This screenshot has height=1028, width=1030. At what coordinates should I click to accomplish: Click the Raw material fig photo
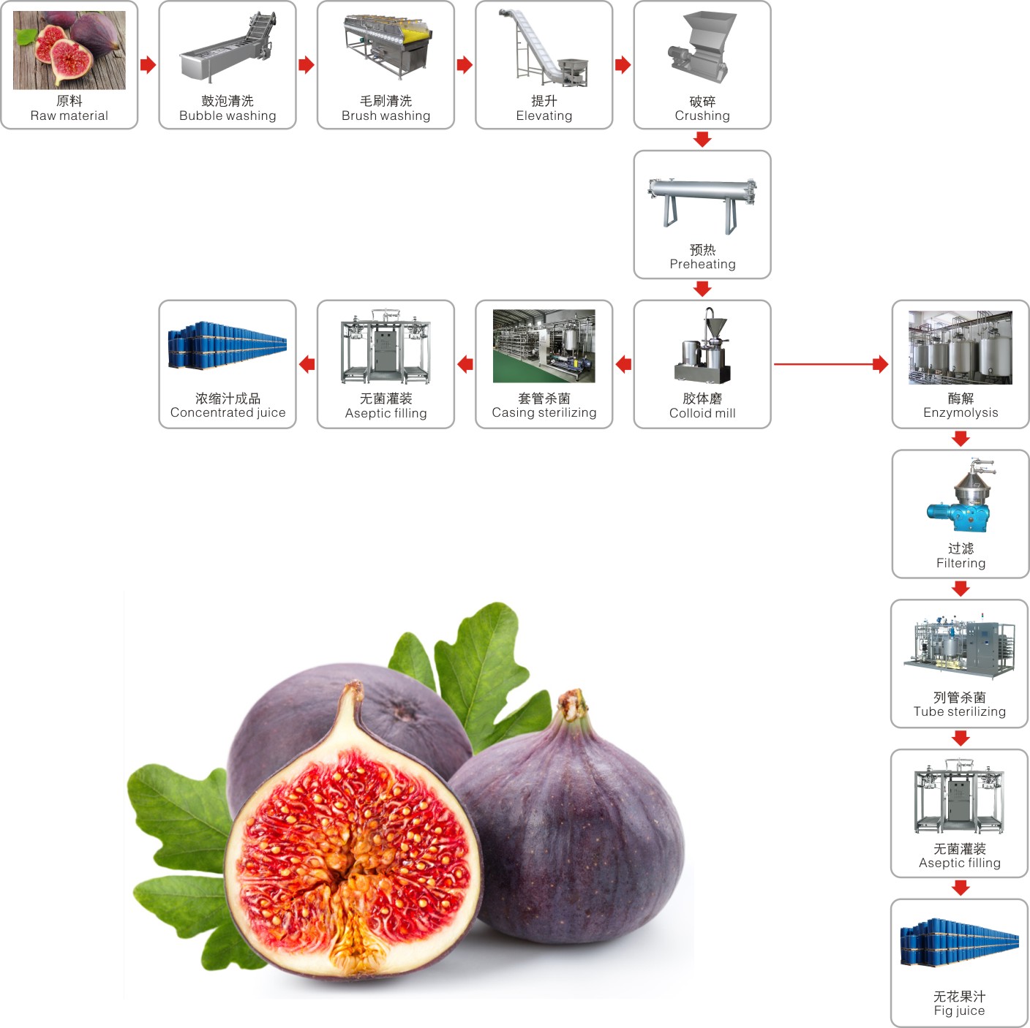(x=69, y=50)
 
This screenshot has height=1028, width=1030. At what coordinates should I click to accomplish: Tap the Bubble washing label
(x=228, y=109)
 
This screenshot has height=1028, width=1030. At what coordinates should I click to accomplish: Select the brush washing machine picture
(x=388, y=46)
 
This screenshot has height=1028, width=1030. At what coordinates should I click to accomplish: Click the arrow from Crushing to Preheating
(x=702, y=140)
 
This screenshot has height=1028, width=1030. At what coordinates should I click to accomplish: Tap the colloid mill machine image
(x=703, y=347)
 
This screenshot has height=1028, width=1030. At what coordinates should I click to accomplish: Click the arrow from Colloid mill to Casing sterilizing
(x=623, y=363)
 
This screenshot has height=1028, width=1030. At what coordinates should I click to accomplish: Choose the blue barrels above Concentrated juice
(x=227, y=345)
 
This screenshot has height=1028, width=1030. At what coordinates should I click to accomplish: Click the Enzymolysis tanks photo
(x=960, y=347)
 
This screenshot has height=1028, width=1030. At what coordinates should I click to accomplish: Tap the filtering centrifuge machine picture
(x=961, y=496)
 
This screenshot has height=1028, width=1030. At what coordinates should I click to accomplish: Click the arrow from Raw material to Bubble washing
(x=149, y=65)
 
